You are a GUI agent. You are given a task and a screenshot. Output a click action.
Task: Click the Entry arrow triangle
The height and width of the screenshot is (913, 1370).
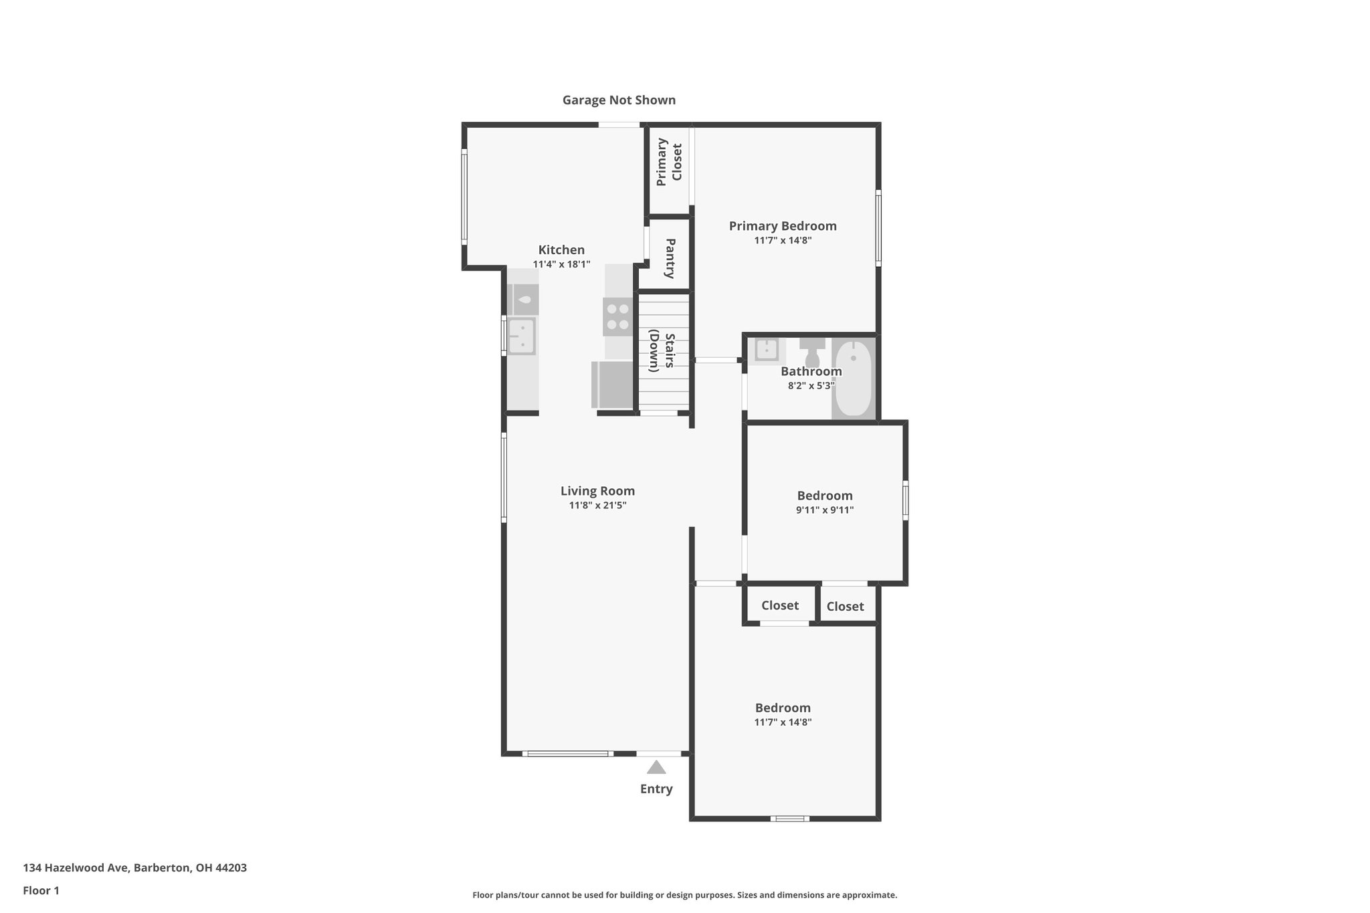pos(656,767)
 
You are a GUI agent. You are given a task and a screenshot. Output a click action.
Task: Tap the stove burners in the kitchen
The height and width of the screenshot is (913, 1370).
pos(617,317)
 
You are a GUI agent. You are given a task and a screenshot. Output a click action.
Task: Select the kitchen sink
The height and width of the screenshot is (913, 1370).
pos(521,336)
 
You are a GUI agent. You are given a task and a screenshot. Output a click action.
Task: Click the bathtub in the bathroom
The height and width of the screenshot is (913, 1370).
pos(854,379)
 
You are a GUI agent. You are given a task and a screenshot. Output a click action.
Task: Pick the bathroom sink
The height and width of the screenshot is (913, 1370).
pos(767,350)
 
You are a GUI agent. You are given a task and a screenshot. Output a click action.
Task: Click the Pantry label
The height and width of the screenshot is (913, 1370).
pos(669,258)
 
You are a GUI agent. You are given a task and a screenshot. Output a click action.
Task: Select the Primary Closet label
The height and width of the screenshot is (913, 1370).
pos(669,162)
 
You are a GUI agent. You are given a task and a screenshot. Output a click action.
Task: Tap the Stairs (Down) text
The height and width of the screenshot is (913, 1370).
pos(661,351)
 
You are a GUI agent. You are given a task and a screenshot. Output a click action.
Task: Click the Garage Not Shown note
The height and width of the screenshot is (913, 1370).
pos(619,100)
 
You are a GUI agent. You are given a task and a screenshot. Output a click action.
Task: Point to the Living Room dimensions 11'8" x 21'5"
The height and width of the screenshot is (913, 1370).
pos(597,506)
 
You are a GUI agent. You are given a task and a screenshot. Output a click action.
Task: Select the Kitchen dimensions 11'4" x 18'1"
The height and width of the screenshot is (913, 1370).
pos(561,264)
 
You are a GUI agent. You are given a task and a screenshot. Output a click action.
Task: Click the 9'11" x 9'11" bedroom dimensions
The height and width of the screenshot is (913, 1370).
pos(824,510)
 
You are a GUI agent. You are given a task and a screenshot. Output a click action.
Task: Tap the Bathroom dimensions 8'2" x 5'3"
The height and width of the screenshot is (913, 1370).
pos(811,386)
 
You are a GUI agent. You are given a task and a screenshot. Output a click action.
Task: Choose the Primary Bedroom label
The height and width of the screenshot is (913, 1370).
pos(783,226)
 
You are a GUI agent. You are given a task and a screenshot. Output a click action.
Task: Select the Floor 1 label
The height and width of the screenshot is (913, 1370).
pos(41,891)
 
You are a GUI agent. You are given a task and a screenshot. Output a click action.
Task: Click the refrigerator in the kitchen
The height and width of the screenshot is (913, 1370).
pos(613,385)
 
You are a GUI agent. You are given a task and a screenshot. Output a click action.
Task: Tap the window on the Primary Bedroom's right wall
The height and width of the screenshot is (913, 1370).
pos(878,228)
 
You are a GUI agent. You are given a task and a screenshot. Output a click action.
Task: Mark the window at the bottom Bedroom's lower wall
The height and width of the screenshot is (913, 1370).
pos(789,818)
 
